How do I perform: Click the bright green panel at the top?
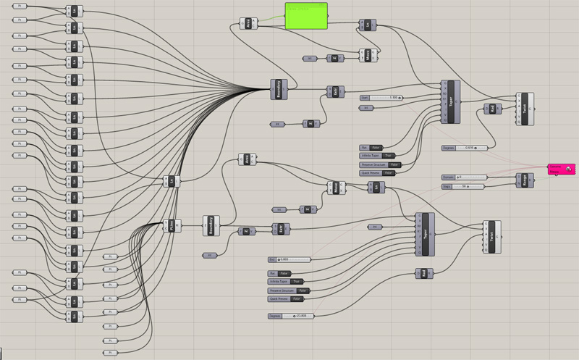[305, 15]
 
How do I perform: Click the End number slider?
[289, 259]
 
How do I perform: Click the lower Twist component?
[492, 236]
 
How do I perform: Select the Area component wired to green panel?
[248, 25]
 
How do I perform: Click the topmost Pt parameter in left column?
[20, 6]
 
